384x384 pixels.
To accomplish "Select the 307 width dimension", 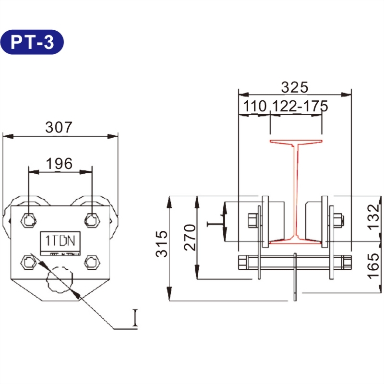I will [x=59, y=127].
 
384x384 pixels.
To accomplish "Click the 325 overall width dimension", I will [x=294, y=87].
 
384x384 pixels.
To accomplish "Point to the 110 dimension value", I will [x=254, y=106].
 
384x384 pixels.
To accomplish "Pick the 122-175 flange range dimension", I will [x=300, y=106].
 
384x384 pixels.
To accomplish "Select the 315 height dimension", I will [x=162, y=244].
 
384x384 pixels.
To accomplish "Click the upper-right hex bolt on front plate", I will [x=91, y=220].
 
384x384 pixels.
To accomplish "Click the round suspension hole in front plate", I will [x=59, y=279].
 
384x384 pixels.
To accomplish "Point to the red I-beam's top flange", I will [x=296, y=142].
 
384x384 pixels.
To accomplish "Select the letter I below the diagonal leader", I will [x=135, y=318].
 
